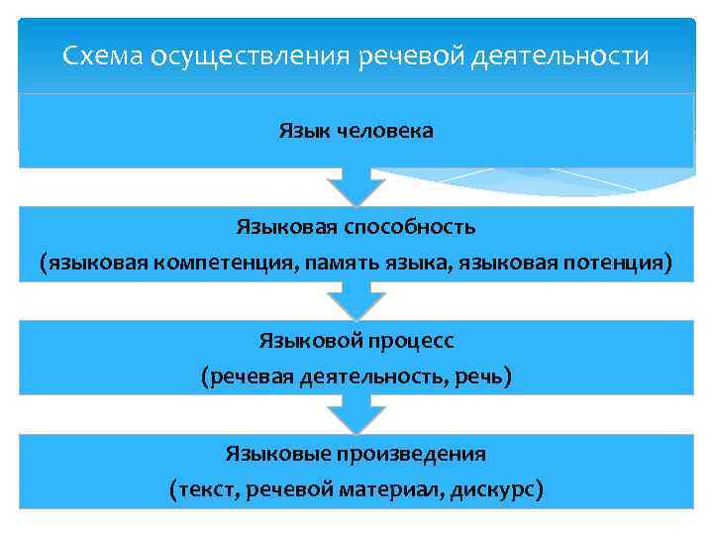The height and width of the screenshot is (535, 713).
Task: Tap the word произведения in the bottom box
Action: pyautogui.click(x=424, y=454)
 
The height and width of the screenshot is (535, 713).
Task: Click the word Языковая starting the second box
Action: pyautogui.click(x=286, y=227)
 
